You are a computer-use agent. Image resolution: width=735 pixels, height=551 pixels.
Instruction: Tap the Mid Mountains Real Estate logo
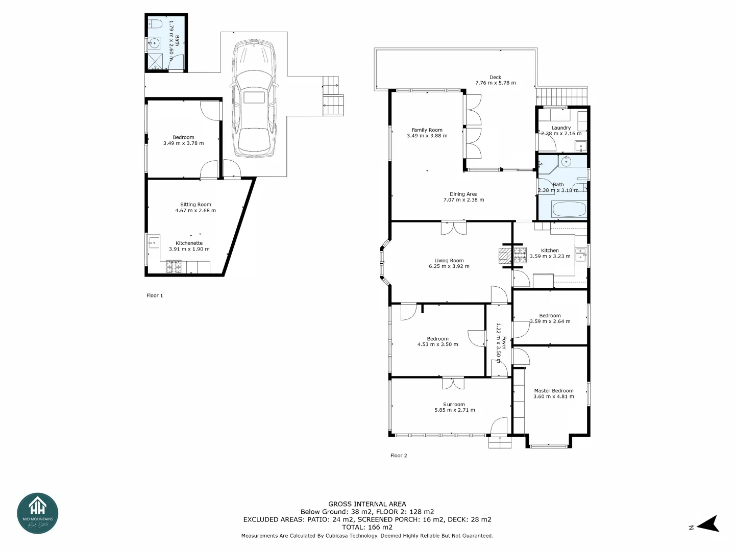38,513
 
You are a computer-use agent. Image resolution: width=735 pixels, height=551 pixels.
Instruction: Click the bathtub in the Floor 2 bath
569,209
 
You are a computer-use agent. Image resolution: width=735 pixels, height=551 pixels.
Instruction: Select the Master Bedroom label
553,391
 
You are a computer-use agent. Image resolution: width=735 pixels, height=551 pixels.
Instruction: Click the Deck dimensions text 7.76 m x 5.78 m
495,83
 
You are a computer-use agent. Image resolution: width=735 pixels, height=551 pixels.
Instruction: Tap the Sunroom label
454,404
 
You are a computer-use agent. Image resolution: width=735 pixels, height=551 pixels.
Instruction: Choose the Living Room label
449,261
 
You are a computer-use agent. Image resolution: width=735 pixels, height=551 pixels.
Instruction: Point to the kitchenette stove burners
174,266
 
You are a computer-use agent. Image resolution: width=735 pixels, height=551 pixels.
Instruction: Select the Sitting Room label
195,205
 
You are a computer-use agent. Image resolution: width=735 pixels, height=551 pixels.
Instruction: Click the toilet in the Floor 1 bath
155,23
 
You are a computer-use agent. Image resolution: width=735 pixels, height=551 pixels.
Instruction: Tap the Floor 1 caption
155,295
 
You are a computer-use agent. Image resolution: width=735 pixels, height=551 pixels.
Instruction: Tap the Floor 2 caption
399,456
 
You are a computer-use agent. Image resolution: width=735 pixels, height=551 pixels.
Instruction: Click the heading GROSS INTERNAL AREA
367,504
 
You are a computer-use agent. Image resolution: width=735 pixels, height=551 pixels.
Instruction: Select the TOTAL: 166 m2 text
367,527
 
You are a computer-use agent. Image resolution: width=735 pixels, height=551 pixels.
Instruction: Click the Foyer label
504,342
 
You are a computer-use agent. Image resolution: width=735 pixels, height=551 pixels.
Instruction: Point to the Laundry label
561,128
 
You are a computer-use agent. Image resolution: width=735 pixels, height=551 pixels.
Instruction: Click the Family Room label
427,130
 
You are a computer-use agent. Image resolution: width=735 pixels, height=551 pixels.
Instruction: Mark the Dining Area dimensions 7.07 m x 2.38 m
463,200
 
